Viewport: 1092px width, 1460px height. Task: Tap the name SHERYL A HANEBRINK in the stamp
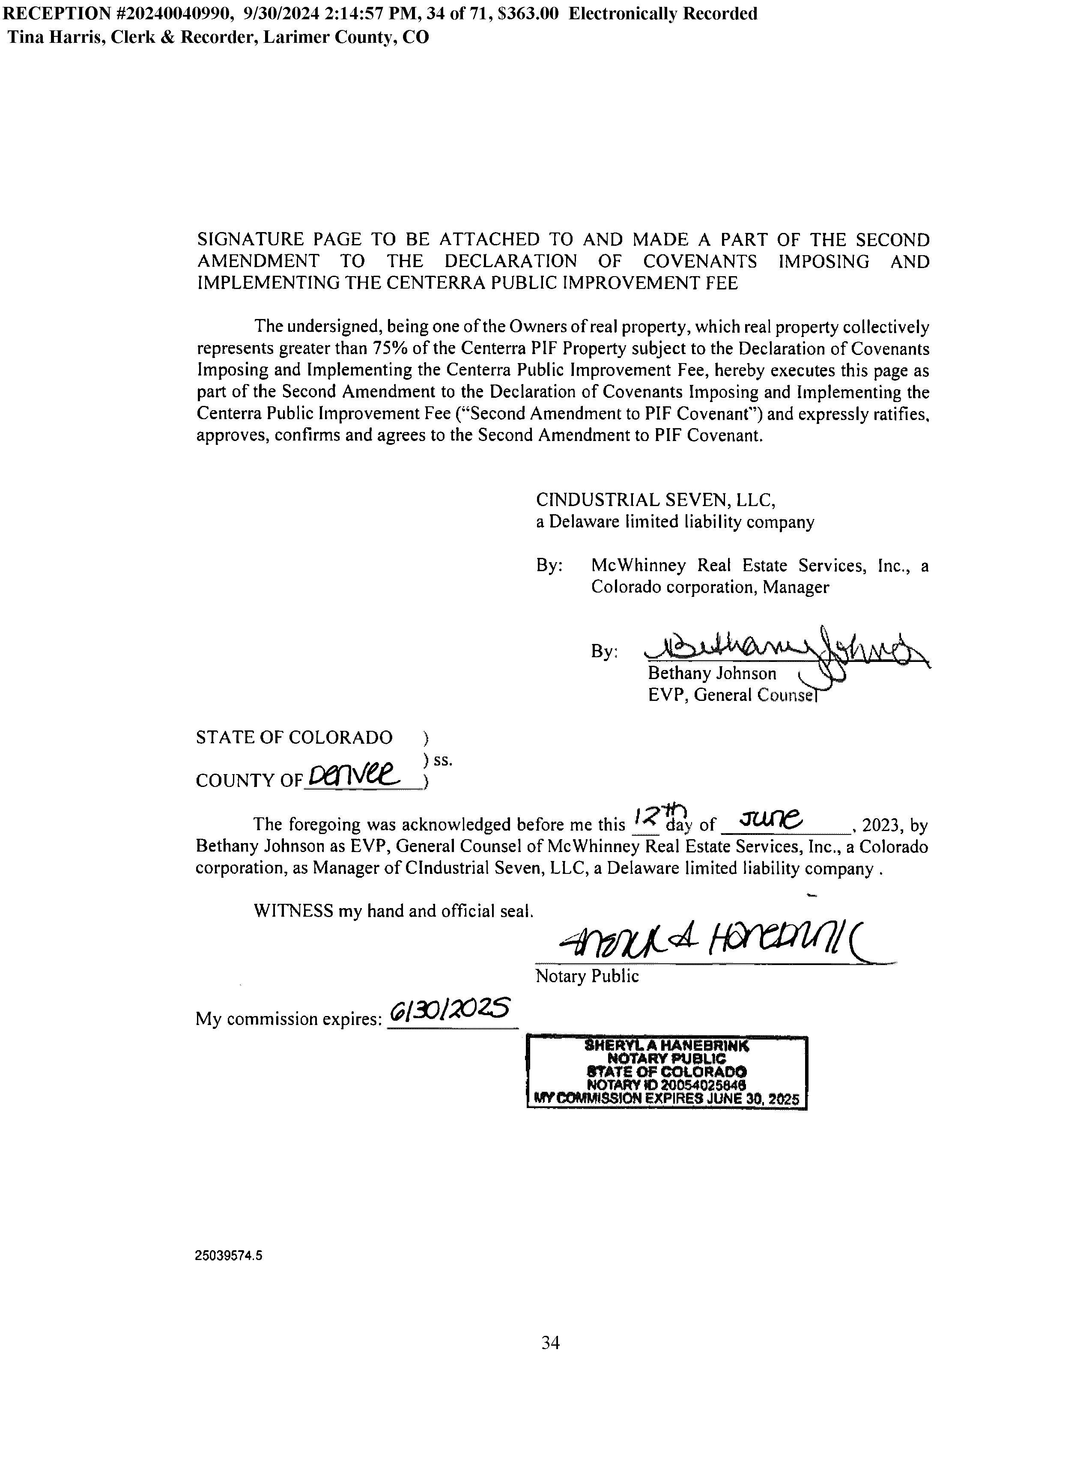667,1046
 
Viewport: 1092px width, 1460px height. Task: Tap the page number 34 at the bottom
550,1343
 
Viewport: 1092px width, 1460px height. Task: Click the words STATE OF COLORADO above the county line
294,737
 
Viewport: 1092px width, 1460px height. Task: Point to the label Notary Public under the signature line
587,976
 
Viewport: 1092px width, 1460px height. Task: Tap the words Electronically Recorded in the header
663,13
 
